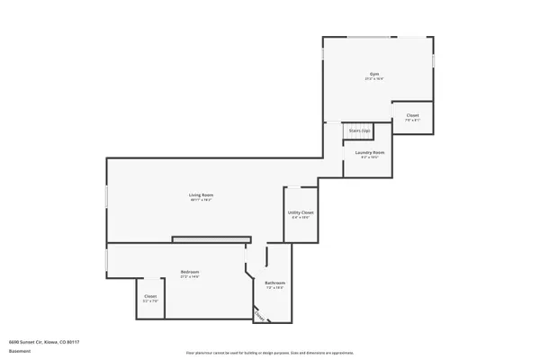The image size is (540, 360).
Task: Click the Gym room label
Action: tap(374, 73)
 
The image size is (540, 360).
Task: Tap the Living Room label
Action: tap(201, 194)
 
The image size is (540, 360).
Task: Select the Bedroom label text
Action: tap(189, 272)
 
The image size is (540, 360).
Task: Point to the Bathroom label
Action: tap(274, 283)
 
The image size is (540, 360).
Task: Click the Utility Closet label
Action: tap(300, 212)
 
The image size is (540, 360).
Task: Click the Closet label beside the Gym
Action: tap(412, 115)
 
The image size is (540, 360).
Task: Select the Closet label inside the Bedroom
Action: tap(150, 296)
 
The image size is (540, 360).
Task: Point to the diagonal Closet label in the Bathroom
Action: tap(260, 316)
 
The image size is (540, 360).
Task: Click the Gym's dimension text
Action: tap(374, 79)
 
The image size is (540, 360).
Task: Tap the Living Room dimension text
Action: tap(201, 200)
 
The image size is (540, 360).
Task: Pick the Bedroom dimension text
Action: tap(189, 277)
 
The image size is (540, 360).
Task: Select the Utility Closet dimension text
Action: tap(300, 218)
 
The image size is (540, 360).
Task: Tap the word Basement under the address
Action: tap(19, 352)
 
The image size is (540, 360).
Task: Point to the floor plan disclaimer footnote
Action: tap(270, 352)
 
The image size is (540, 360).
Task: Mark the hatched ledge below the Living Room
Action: tap(211, 239)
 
